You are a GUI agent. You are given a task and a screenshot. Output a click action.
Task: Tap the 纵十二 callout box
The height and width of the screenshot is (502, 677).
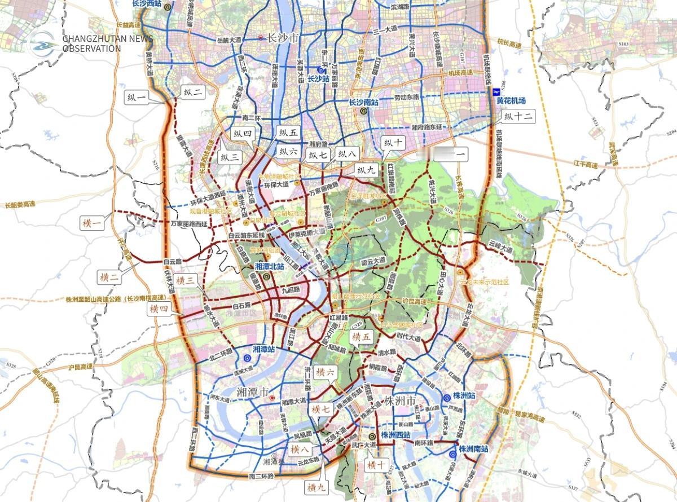point(518,117)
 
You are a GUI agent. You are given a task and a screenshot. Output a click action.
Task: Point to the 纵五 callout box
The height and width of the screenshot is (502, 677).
point(288,134)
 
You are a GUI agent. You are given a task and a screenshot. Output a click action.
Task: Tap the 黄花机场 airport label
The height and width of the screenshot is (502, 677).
point(511,100)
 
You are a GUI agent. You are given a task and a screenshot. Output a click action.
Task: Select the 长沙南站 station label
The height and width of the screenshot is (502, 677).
point(363,103)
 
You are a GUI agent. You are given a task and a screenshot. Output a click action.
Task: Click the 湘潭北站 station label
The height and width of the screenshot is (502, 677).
point(270,266)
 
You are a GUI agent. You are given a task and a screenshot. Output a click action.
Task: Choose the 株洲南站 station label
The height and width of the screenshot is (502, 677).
point(473,449)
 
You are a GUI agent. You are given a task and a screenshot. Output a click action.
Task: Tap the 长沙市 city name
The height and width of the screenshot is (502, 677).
point(283,38)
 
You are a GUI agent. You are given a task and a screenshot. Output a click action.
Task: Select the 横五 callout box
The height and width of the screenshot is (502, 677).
point(362,337)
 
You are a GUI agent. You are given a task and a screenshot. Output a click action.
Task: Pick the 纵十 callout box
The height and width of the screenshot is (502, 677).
point(393,142)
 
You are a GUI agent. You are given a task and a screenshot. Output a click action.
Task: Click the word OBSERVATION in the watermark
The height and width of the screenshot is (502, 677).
point(91,49)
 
